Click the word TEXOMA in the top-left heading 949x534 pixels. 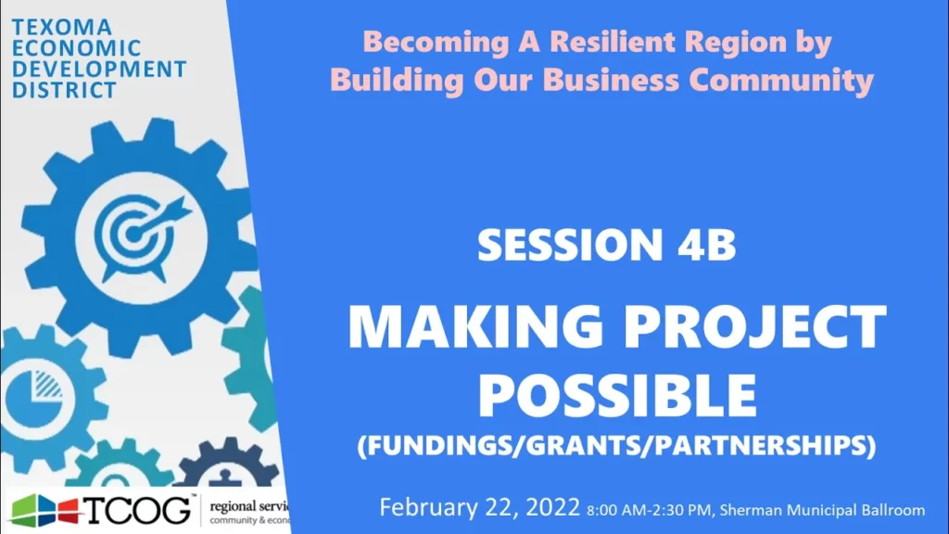point(62,27)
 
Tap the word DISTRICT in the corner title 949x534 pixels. point(64,90)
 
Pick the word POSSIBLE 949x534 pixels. point(617,395)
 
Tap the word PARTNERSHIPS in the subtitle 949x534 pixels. point(762,445)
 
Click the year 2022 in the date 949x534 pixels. point(552,507)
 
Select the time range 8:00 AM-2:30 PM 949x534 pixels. point(649,511)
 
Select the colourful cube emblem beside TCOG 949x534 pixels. point(44,511)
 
